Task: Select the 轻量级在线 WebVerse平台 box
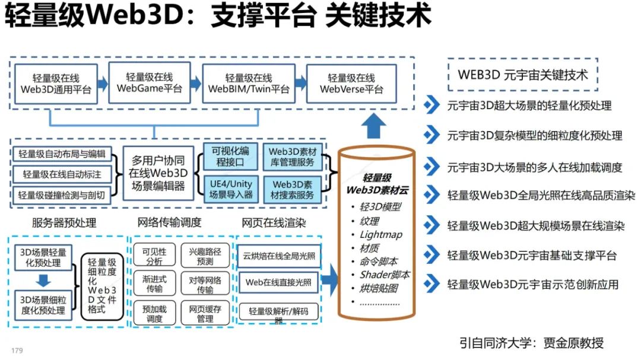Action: (x=351, y=84)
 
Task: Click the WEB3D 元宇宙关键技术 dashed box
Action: (x=522, y=75)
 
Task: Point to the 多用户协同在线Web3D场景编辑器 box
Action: (x=158, y=173)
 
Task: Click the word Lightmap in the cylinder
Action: (x=380, y=234)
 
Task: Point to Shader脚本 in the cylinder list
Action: (x=384, y=275)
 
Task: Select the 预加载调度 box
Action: (x=154, y=313)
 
